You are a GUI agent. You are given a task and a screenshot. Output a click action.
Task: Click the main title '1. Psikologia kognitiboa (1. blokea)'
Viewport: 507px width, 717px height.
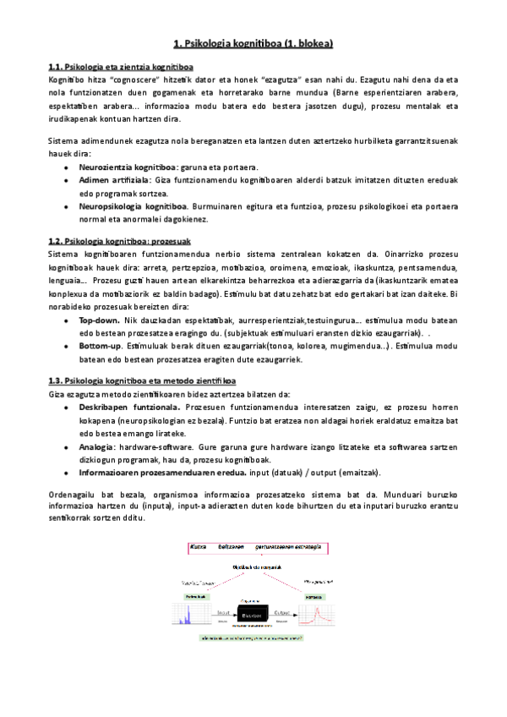[x=253, y=42]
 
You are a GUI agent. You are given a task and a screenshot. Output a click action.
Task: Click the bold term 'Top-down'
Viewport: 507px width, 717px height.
[x=101, y=321]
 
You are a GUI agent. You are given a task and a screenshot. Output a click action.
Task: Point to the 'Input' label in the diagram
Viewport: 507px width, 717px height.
[x=224, y=612]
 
